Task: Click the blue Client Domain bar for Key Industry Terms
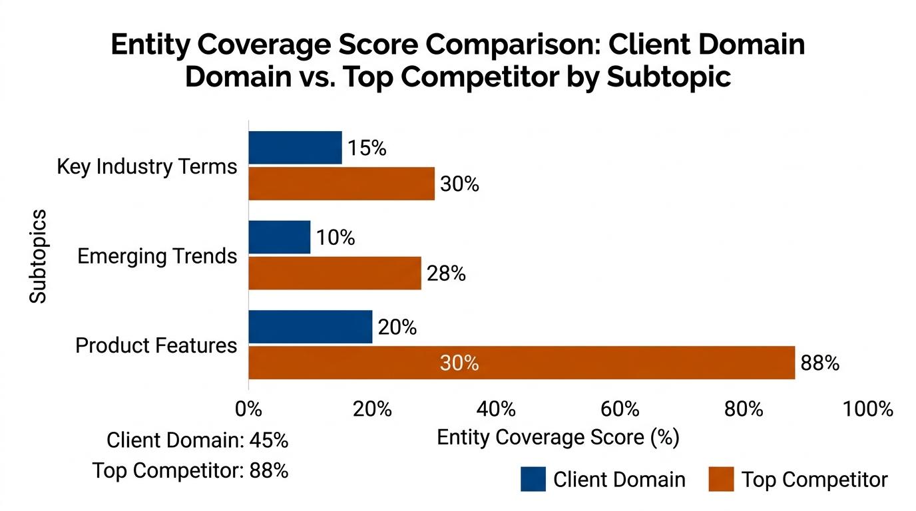[x=295, y=148]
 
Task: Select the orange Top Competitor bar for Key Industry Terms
[x=341, y=184]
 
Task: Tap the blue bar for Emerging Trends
[x=279, y=238]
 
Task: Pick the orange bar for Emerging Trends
[x=334, y=273]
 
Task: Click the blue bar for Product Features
[x=310, y=327]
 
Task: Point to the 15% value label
[x=367, y=148]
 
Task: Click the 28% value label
[x=446, y=273]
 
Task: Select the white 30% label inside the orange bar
[x=459, y=363]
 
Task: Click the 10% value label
[x=336, y=238]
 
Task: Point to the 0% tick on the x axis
[x=248, y=409]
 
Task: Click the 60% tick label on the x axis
[x=620, y=409]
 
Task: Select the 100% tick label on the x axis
[x=867, y=409]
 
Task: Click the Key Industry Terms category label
[x=146, y=166]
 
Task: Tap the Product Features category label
[x=156, y=345]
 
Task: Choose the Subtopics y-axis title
[x=39, y=256]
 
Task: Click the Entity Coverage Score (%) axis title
[x=558, y=437]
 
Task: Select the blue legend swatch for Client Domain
[x=533, y=479]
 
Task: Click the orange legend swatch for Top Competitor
[x=720, y=479]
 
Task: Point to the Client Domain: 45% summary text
[x=197, y=440]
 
